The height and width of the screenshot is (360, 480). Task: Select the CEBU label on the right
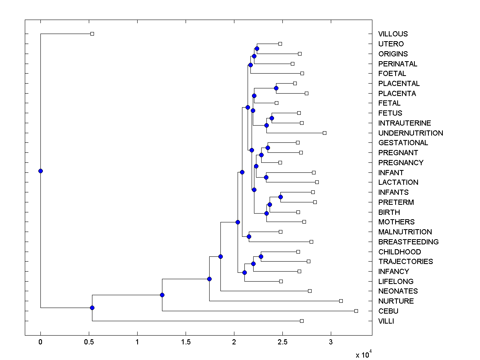(388, 311)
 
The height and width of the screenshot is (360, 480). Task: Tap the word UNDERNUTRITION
(410, 133)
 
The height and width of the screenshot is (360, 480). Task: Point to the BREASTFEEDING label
(408, 242)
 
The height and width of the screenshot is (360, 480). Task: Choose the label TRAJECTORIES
(406, 262)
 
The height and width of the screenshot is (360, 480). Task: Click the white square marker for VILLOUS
(92, 34)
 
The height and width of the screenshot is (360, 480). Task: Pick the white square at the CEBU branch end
(356, 311)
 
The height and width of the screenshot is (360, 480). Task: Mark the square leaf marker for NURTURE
(341, 301)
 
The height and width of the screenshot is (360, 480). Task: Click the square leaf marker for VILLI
(302, 321)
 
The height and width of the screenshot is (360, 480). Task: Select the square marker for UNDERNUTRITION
(324, 133)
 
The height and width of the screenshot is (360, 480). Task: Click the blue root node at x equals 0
(40, 171)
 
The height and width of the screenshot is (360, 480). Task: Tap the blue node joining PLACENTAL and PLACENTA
(276, 88)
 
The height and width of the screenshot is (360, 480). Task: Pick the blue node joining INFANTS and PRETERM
(280, 197)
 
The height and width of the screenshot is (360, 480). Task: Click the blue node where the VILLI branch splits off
(92, 308)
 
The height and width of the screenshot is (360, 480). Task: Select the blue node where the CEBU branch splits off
(162, 295)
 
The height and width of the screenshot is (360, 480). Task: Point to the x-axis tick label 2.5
(282, 342)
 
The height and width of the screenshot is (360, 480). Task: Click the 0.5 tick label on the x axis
(89, 342)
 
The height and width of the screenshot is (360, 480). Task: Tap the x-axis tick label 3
(331, 342)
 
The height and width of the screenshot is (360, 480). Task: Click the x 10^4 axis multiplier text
(363, 354)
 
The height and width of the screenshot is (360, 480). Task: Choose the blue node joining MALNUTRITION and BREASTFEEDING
(249, 236)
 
